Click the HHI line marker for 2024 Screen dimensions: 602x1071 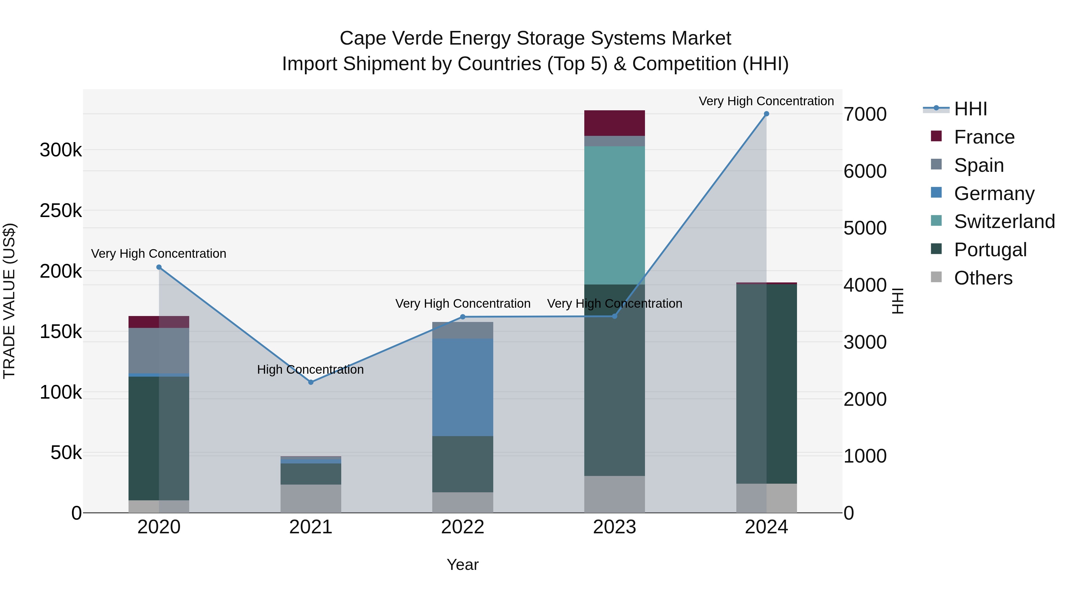pos(766,114)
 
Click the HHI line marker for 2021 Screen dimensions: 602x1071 pos(311,382)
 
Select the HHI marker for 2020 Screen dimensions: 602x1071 pos(159,267)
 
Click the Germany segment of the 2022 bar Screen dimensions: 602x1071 pos(462,387)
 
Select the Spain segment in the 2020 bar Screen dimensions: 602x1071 pos(159,351)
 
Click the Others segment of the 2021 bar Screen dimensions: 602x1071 pos(311,498)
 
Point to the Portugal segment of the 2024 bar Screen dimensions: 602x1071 pos(766,383)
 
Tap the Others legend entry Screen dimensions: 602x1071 pos(983,278)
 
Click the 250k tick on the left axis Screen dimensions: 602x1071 pos(61,211)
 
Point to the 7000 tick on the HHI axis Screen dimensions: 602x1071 pos(865,114)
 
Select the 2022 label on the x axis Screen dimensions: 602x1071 pos(462,527)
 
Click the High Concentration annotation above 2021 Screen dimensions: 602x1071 pos(310,369)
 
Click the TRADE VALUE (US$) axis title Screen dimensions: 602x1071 pos(9,301)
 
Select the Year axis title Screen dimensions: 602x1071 pos(462,565)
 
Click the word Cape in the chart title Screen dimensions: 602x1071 pos(363,38)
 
